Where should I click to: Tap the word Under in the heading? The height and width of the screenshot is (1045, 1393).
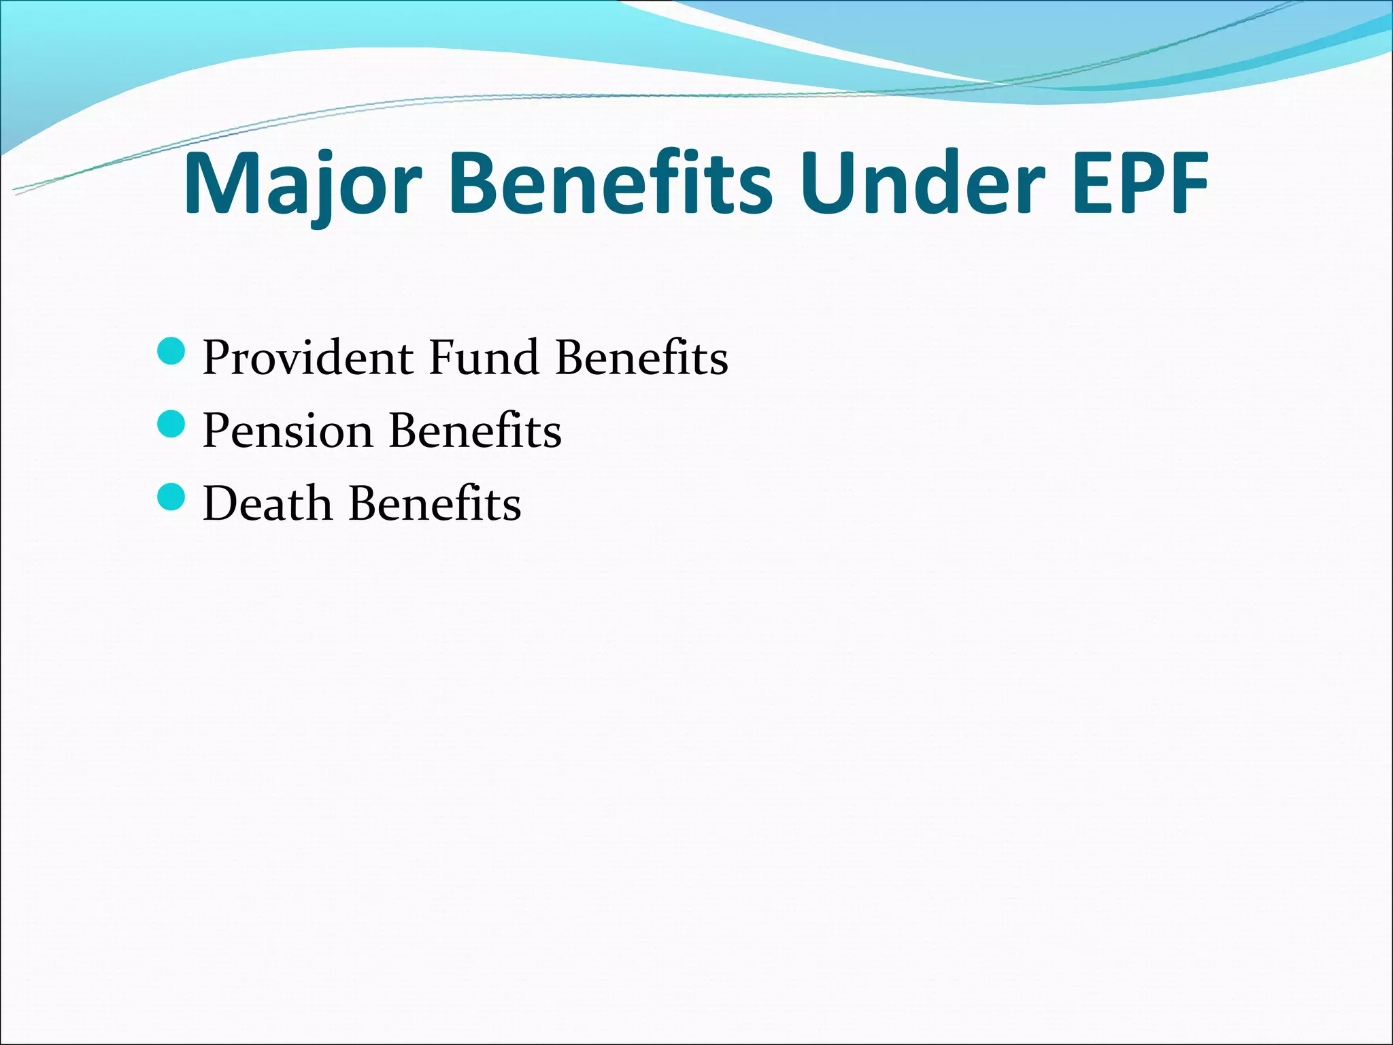click(x=922, y=183)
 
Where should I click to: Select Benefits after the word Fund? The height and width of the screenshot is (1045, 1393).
click(x=641, y=358)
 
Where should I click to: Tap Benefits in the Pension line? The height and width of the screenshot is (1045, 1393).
click(x=475, y=431)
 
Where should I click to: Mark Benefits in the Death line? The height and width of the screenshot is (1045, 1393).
click(x=435, y=504)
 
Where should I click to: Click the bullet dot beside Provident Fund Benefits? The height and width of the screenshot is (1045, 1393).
click(x=171, y=351)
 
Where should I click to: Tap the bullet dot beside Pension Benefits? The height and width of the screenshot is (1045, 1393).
click(x=171, y=425)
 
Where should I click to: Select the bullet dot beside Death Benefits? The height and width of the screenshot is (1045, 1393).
click(x=171, y=497)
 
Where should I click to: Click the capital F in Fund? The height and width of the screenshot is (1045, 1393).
click(x=442, y=358)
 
